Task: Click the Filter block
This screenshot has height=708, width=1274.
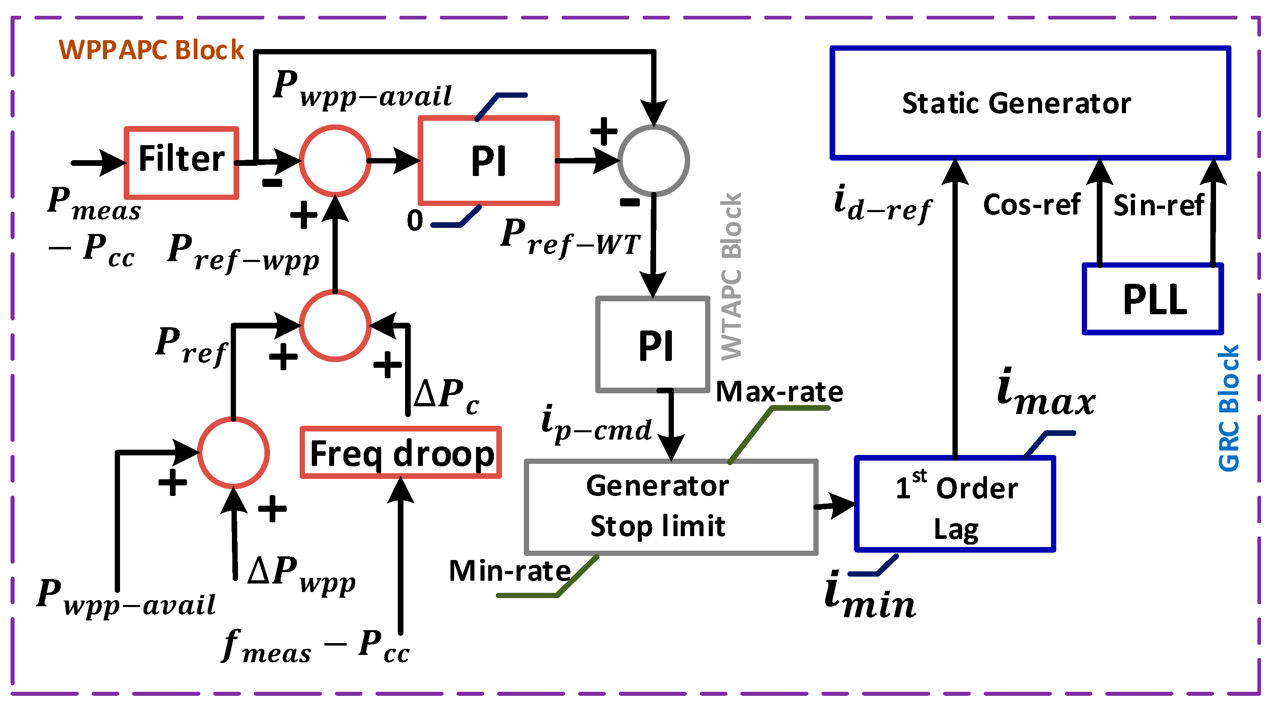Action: tap(182, 163)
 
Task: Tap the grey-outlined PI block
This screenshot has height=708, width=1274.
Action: tap(653, 345)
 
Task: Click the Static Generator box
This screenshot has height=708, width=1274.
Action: tap(1030, 103)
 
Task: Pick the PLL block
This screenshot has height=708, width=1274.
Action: tap(1153, 299)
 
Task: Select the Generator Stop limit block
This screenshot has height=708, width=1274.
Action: tap(671, 506)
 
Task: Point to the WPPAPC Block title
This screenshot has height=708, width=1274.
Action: tap(151, 50)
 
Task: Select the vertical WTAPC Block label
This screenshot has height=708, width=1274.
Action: tap(731, 276)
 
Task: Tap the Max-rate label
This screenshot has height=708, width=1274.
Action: tap(779, 392)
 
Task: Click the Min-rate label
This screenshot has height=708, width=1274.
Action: tap(510, 571)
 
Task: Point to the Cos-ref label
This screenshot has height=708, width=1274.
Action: tap(1032, 205)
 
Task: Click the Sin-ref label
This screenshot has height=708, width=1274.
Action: tap(1158, 205)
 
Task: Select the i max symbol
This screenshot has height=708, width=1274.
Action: tap(1045, 393)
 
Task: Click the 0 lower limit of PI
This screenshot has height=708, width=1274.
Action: tap(415, 221)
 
